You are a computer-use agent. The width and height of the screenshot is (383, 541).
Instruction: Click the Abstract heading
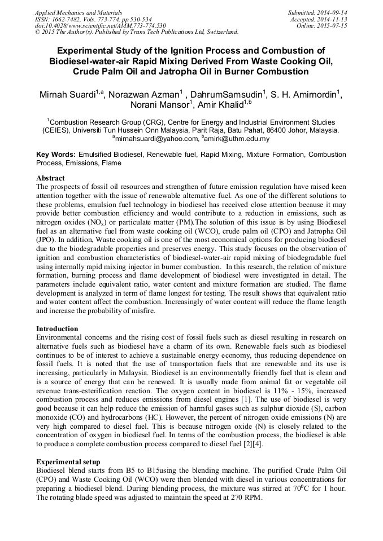point(51,178)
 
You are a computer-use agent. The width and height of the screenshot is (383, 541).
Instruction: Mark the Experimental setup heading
point(68,461)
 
